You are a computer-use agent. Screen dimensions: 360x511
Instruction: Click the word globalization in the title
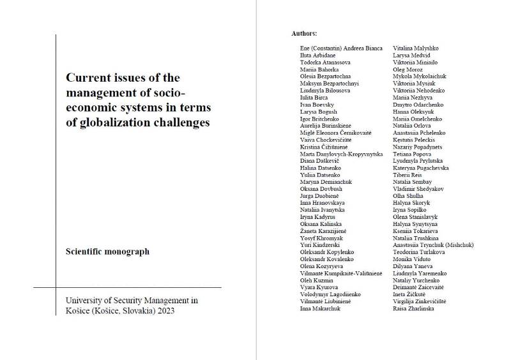[112, 123]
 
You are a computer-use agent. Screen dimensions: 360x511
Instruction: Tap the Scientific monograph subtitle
[107, 251]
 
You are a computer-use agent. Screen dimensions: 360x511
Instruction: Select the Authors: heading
[304, 33]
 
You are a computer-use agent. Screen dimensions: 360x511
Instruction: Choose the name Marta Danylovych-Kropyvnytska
[341, 154]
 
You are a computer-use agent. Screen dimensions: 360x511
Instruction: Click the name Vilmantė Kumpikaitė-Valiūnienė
[341, 273]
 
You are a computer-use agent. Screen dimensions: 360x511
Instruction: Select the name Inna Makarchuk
[320, 308]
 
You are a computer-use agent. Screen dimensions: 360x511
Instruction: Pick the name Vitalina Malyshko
[415, 49]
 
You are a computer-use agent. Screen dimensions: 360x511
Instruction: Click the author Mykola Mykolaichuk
[420, 77]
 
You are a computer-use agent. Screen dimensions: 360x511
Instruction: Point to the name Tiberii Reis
[408, 175]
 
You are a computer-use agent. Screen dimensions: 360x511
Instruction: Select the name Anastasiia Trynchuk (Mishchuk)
[433, 244]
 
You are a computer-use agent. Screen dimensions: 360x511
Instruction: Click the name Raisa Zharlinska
[413, 308]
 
